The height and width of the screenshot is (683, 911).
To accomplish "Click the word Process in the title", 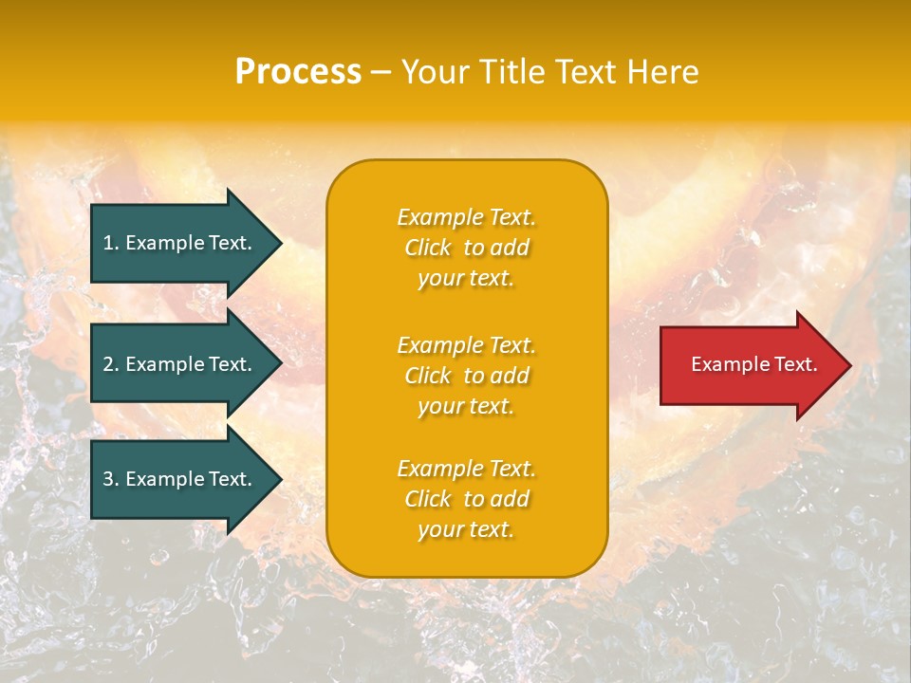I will pos(298,72).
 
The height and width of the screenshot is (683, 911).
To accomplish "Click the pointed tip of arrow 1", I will pos(279,243).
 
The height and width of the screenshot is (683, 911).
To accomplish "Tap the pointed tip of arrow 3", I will pos(279,479).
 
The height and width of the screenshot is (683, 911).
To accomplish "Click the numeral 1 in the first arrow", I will pos(107,243).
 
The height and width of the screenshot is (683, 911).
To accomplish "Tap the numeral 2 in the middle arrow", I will pos(108,364).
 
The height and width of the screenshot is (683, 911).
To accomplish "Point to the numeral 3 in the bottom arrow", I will pos(108,479).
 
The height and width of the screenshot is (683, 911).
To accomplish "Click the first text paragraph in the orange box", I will pos(466,248).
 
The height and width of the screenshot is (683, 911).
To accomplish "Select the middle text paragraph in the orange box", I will pos(466,376).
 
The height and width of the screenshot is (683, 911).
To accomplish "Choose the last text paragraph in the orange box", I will pos(466,499).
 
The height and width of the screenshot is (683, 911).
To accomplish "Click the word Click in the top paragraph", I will pos(427,248).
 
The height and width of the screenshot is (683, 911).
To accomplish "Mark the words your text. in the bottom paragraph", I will pos(466,529).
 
